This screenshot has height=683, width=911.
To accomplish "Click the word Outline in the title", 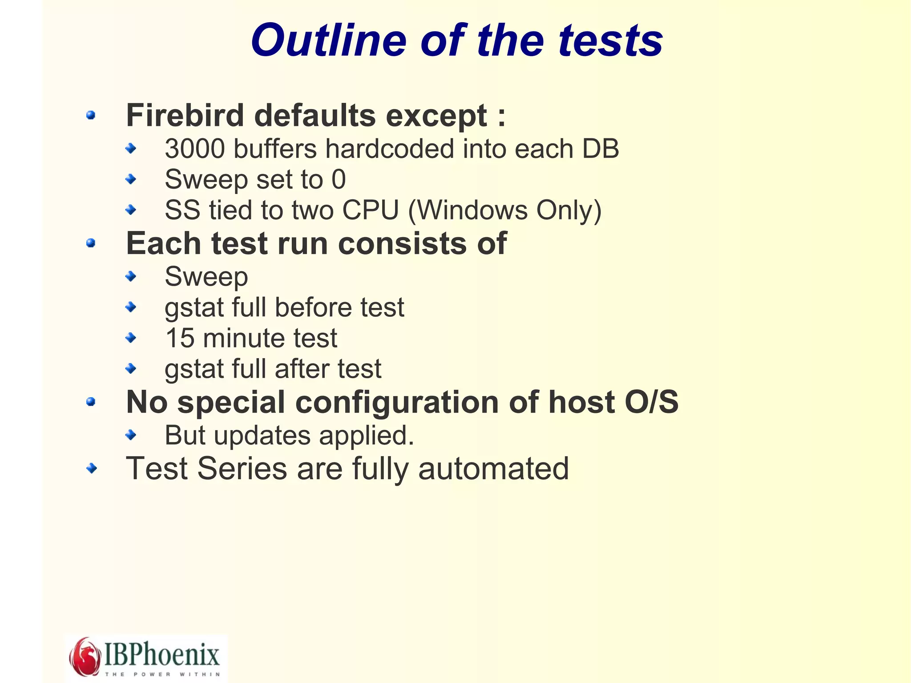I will click(329, 40).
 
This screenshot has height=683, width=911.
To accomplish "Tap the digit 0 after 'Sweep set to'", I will click(339, 180).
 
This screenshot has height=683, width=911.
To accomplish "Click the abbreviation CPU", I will click(371, 210).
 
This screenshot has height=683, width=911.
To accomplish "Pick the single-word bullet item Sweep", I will click(206, 277).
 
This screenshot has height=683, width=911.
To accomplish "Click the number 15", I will click(180, 338).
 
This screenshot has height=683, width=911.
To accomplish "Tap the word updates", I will click(262, 435).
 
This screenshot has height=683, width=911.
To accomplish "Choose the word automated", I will click(493, 469).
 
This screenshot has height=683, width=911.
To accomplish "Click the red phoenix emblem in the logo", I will click(85, 656).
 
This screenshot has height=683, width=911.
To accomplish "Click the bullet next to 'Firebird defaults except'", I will click(91, 115).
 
